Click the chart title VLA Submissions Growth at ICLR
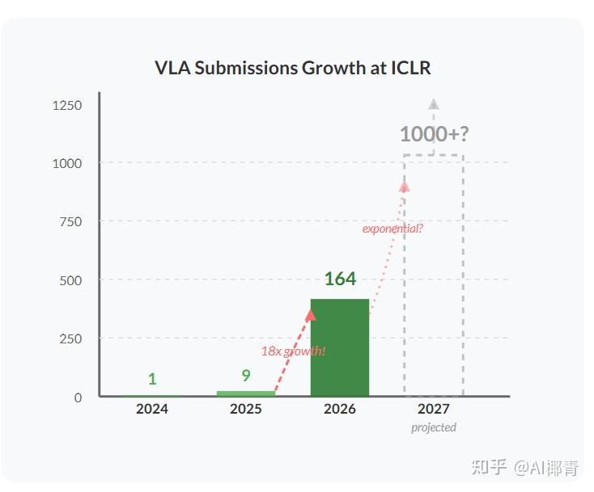(292, 68)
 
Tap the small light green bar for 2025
(245, 393)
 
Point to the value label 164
(340, 280)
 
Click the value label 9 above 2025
(246, 376)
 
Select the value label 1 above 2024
(152, 379)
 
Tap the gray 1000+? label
(434, 134)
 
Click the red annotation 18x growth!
(293, 351)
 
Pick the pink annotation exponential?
(392, 229)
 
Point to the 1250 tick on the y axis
(67, 105)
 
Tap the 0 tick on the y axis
(78, 397)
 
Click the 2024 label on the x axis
(152, 409)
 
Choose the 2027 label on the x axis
(434, 409)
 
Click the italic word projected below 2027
(434, 427)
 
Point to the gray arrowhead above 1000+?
(434, 104)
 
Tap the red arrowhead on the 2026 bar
(311, 315)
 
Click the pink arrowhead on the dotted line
(405, 186)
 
